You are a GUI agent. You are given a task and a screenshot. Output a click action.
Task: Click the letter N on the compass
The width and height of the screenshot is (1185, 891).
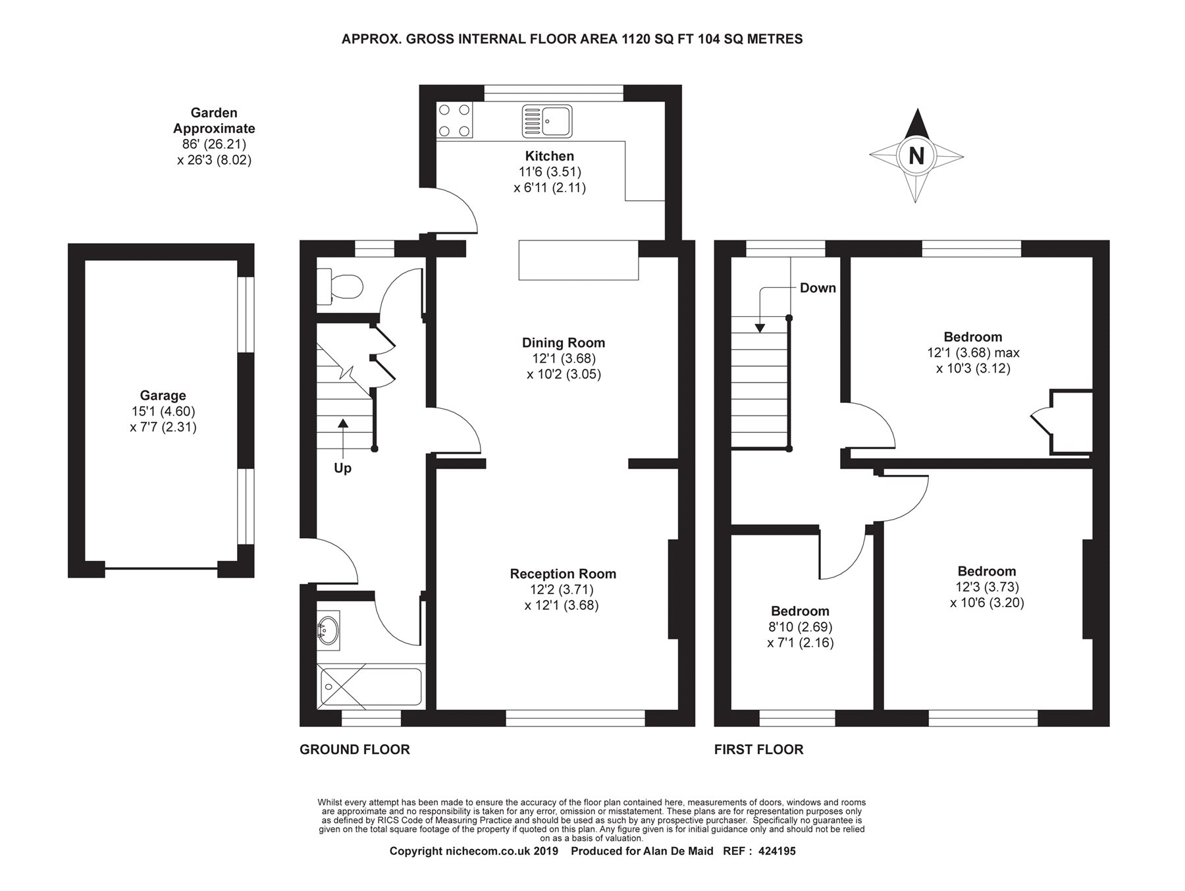916,156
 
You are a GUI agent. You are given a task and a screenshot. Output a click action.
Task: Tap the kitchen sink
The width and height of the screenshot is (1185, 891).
547,121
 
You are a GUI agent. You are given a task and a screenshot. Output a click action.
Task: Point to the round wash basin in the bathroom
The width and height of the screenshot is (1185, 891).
329,630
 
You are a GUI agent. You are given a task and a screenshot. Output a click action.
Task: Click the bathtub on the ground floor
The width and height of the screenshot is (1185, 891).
371,688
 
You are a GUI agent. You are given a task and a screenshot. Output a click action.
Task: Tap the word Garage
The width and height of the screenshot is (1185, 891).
163,396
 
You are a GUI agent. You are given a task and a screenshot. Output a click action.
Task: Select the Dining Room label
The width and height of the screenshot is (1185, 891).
564,342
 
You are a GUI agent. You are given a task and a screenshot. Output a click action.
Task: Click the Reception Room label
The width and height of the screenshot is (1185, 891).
563,574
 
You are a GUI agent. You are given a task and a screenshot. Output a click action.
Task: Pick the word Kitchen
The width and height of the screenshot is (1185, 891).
550,156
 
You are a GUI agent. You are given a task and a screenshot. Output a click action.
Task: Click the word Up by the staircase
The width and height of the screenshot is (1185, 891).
343,468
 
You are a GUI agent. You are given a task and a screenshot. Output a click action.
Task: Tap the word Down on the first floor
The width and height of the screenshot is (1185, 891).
818,288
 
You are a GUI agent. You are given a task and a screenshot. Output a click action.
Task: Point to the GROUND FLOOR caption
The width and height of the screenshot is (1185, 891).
355,749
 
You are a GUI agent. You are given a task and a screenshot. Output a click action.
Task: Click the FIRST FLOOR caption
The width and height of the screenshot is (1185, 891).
759,749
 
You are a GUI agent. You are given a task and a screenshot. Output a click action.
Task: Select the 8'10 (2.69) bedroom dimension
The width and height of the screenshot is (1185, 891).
801,627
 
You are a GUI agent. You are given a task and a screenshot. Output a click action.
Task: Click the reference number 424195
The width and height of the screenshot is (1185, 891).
777,851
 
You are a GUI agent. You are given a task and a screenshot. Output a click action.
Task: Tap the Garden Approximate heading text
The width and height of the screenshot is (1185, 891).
214,121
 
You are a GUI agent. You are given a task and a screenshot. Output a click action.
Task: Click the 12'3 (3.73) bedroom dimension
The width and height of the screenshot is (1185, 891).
987,587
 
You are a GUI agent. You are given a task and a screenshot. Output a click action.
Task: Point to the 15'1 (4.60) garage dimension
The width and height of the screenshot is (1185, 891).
163,412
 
